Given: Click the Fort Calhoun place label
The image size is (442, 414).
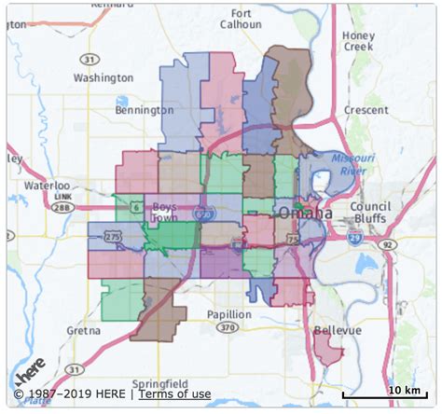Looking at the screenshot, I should coord(242,20).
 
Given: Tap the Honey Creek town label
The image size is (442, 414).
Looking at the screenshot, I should coord(358,41).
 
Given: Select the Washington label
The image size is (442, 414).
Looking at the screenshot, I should coord(104,78).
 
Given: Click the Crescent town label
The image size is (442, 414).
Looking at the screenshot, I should coord(365,109).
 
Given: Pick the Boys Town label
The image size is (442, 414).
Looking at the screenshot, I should coord(164,211).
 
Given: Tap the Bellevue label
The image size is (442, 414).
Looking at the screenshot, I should coord(337,331).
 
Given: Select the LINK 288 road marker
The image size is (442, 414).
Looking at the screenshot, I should coord(62,208).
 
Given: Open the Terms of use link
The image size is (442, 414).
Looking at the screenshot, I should coord(181,394).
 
